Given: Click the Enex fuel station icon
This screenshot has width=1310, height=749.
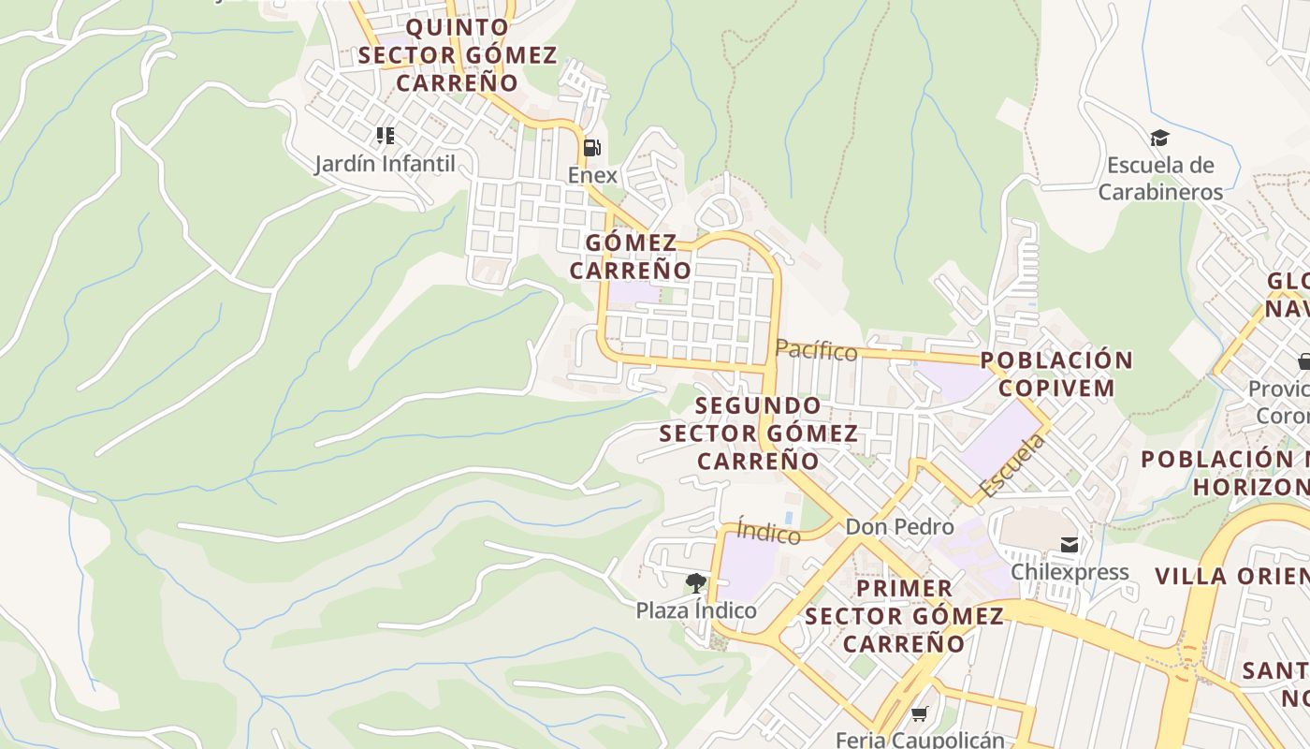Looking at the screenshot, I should click(x=591, y=148).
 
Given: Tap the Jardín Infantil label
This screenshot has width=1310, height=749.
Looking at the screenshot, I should click(x=385, y=164).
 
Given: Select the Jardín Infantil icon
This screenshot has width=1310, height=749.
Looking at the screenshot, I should click(x=385, y=136).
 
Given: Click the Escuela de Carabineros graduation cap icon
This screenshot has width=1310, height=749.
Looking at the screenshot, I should click(x=1159, y=139).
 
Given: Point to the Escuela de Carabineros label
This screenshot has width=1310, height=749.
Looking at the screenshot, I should click(x=1160, y=179).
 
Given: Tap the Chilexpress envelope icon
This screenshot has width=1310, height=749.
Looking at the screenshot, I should click(x=1069, y=545).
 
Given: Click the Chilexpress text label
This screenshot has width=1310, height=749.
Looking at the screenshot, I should click(x=1070, y=572).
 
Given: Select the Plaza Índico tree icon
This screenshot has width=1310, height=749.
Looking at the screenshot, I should click(x=695, y=583).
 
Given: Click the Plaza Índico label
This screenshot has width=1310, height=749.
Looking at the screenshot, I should click(x=696, y=610).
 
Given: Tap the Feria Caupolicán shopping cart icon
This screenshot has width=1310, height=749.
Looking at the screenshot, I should click(x=920, y=714).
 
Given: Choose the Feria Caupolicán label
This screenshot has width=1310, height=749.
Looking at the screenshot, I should click(x=920, y=740).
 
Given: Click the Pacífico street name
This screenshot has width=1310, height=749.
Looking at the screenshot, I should click(x=816, y=350).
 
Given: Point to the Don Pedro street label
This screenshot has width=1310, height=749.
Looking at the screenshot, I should click(x=899, y=527).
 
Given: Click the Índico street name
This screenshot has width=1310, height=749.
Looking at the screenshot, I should click(x=768, y=532).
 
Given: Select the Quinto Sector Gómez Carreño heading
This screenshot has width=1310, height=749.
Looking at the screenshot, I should click(x=457, y=55).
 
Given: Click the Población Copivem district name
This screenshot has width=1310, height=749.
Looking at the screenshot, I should click(x=1056, y=374).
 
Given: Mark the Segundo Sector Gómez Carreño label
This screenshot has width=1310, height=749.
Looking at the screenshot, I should click(x=758, y=433).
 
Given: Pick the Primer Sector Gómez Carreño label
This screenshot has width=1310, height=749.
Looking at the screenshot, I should click(x=904, y=615).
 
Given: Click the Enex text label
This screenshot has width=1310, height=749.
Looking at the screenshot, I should click(x=592, y=175).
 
